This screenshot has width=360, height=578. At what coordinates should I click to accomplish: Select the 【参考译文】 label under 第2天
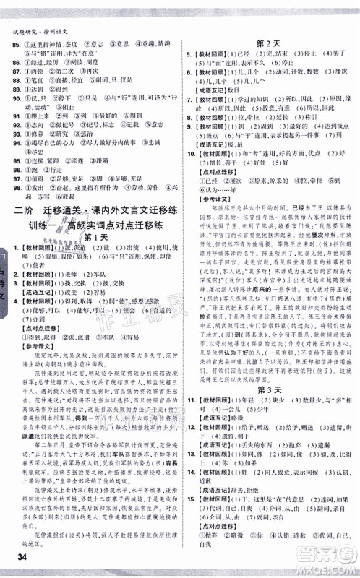(x=213, y=217)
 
